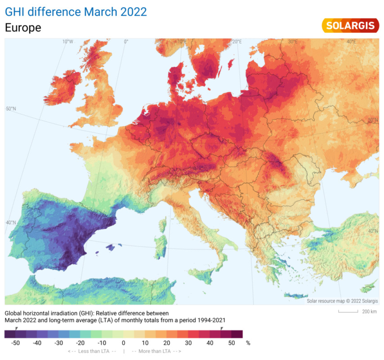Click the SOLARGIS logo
point(350,26)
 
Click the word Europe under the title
point(23,28)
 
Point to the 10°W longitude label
point(67,41)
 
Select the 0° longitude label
point(126,41)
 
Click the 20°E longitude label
point(237,41)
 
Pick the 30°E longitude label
point(293,41)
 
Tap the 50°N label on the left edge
point(11,109)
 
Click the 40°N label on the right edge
point(373,231)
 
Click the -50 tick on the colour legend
point(16,343)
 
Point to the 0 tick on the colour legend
point(124,343)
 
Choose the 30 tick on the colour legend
point(188,343)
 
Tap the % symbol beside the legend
point(248,343)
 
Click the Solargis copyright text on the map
point(342,301)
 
